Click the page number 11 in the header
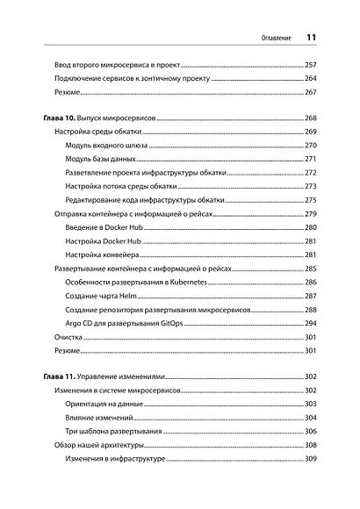[x=312, y=37]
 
